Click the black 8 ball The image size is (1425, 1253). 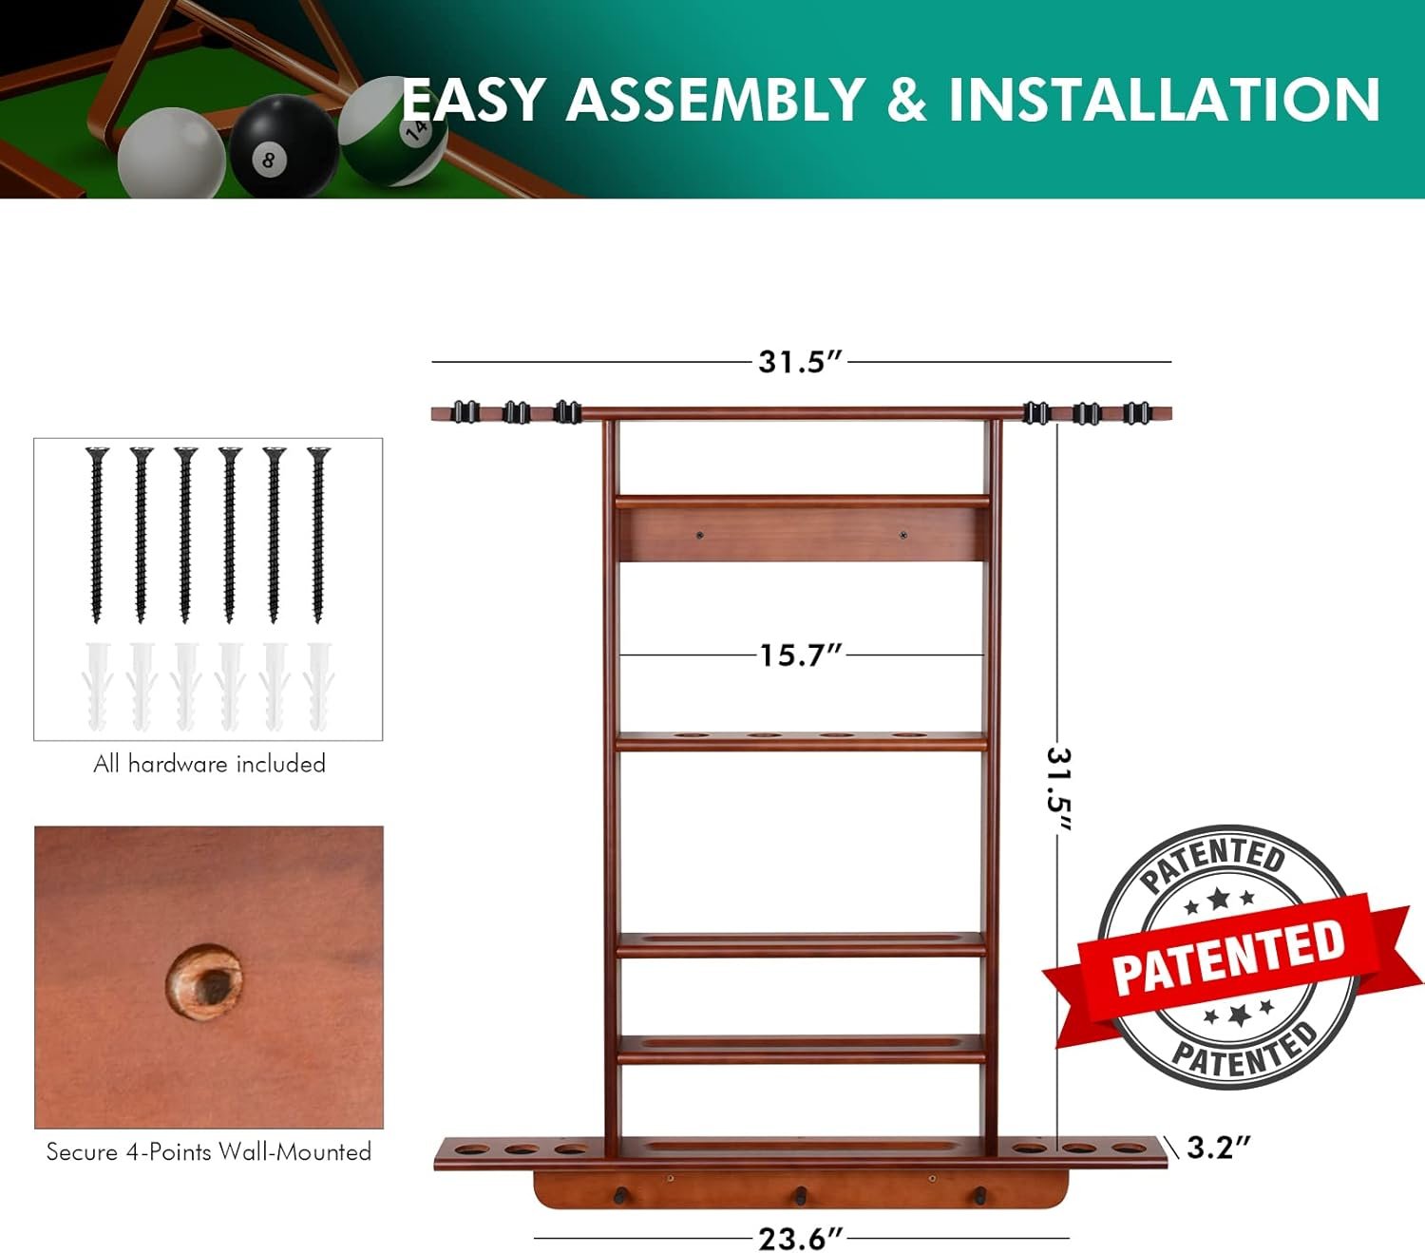pyautogui.click(x=283, y=146)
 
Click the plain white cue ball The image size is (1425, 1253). pyautogui.click(x=172, y=153)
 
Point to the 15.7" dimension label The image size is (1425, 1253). pyautogui.click(x=801, y=655)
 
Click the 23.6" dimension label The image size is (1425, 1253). pyautogui.click(x=801, y=1238)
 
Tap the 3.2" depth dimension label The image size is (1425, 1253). pyautogui.click(x=1218, y=1148)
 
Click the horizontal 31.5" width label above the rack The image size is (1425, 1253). pyautogui.click(x=800, y=362)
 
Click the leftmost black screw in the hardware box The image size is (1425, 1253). pyautogui.click(x=97, y=535)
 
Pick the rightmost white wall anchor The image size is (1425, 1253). pyautogui.click(x=318, y=686)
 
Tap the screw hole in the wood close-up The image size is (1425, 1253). pyautogui.click(x=204, y=983)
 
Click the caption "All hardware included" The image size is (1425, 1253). pyautogui.click(x=210, y=764)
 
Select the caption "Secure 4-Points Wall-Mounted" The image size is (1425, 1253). pyautogui.click(x=209, y=1151)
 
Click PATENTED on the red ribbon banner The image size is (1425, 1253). pyautogui.click(x=1228, y=959)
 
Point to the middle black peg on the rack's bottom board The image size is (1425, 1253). pyautogui.click(x=800, y=1195)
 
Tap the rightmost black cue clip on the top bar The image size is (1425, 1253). pyautogui.click(x=1136, y=413)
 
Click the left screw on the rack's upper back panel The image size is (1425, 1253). pyautogui.click(x=699, y=536)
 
